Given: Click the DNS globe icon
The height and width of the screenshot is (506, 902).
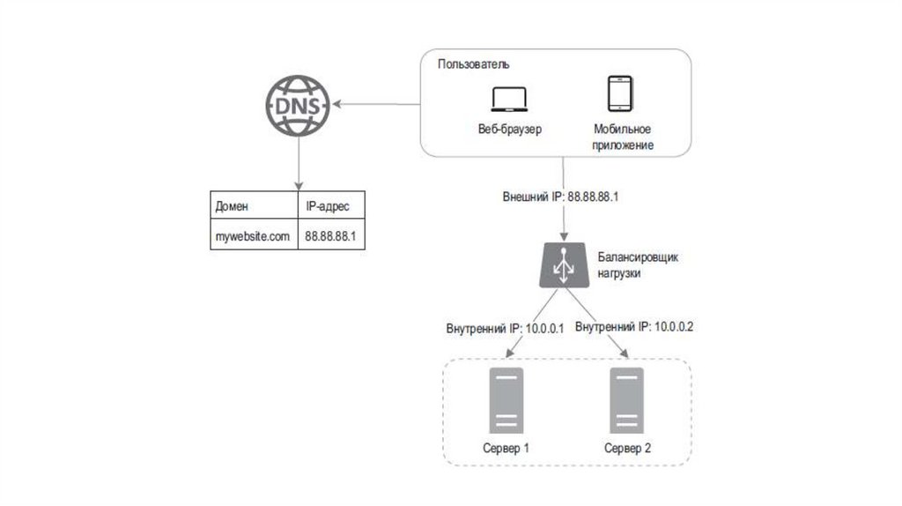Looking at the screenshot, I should pyautogui.click(x=297, y=105).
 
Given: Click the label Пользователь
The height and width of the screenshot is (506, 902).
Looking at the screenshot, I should pyautogui.click(x=474, y=65).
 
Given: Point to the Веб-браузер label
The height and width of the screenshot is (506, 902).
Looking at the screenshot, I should pyautogui.click(x=509, y=129).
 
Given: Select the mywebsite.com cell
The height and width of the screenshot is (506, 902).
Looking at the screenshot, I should pyautogui.click(x=253, y=236).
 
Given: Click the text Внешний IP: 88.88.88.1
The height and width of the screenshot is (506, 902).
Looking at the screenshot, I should pyautogui.click(x=559, y=197).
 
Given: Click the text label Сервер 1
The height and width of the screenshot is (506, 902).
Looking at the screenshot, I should pyautogui.click(x=506, y=448).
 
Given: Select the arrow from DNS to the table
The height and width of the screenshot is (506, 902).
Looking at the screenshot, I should pyautogui.click(x=297, y=162).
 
